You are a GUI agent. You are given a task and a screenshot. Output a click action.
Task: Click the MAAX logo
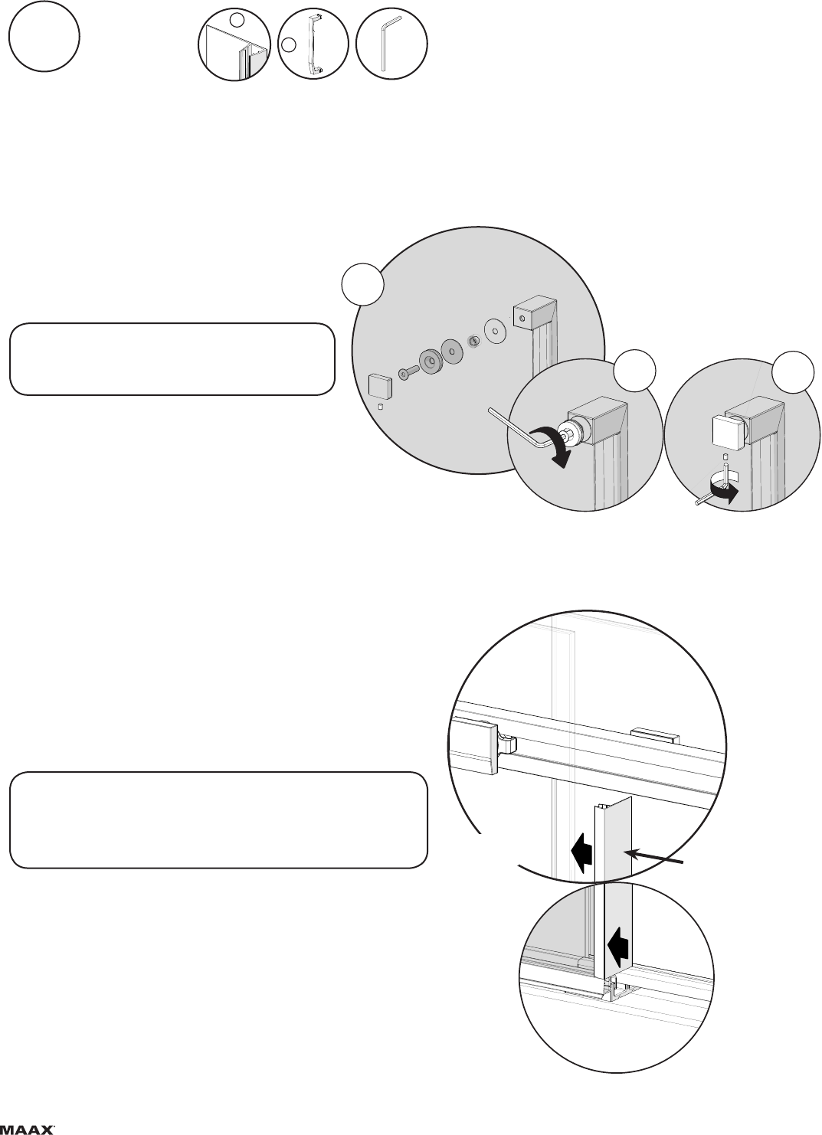pyautogui.click(x=28, y=1130)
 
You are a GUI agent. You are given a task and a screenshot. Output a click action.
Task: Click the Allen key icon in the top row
pyautogui.click(x=390, y=44)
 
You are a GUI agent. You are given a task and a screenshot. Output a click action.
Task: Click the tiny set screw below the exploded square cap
pyautogui.click(x=382, y=406)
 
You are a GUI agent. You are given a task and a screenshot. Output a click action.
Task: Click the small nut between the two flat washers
pyautogui.click(x=473, y=342)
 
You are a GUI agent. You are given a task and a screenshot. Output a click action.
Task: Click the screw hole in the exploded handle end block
pyautogui.click(x=522, y=319)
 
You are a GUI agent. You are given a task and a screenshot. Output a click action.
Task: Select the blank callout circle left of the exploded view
pyautogui.click(x=362, y=284)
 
